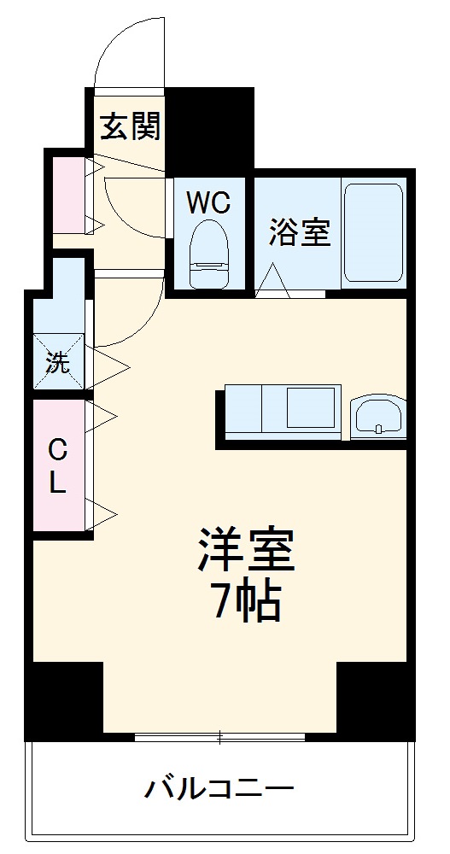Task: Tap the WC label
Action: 208,202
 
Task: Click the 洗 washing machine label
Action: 58,362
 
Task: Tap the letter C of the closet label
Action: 56,449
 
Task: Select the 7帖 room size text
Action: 246,603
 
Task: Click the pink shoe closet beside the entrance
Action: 67,194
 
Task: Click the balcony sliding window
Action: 219,736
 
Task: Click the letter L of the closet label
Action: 56,484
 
